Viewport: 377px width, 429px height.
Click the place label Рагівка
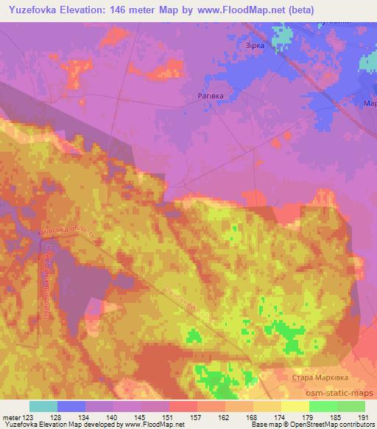tap(210, 96)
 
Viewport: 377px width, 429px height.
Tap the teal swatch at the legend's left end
tap(43, 406)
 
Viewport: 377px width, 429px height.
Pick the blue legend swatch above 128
tap(71, 406)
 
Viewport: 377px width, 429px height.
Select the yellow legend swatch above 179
tap(295, 406)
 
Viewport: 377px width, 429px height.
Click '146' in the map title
tap(130, 10)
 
